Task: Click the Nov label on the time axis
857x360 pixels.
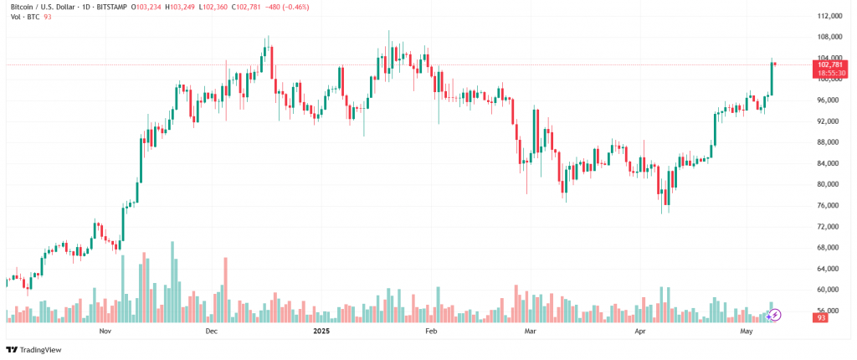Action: [x=105, y=332]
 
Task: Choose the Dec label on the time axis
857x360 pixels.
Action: [x=211, y=332]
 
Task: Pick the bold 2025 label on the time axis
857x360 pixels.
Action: [x=321, y=332]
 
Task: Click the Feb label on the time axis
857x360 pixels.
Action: [x=431, y=332]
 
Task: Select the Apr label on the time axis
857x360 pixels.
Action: [x=640, y=332]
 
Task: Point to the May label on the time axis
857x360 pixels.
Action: [x=747, y=332]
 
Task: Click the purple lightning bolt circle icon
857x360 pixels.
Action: [x=775, y=315]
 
